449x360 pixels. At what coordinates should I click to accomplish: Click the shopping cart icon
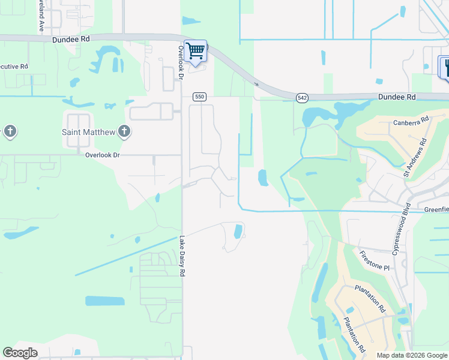(196, 51)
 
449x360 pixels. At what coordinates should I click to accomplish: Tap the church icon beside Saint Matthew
(124, 131)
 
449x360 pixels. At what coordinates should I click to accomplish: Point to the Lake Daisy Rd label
(181, 256)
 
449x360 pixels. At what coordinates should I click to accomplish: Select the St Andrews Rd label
(415, 158)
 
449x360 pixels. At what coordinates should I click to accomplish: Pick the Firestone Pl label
(376, 260)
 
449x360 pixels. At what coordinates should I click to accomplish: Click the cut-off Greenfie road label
(436, 209)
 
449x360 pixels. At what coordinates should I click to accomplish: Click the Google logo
(20, 353)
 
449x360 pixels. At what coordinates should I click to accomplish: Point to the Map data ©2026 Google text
(411, 355)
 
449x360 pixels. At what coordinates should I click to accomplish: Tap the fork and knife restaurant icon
(445, 67)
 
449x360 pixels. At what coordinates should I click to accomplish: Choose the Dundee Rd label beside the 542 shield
(397, 96)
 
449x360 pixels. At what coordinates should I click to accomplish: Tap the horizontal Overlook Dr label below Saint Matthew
(102, 155)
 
